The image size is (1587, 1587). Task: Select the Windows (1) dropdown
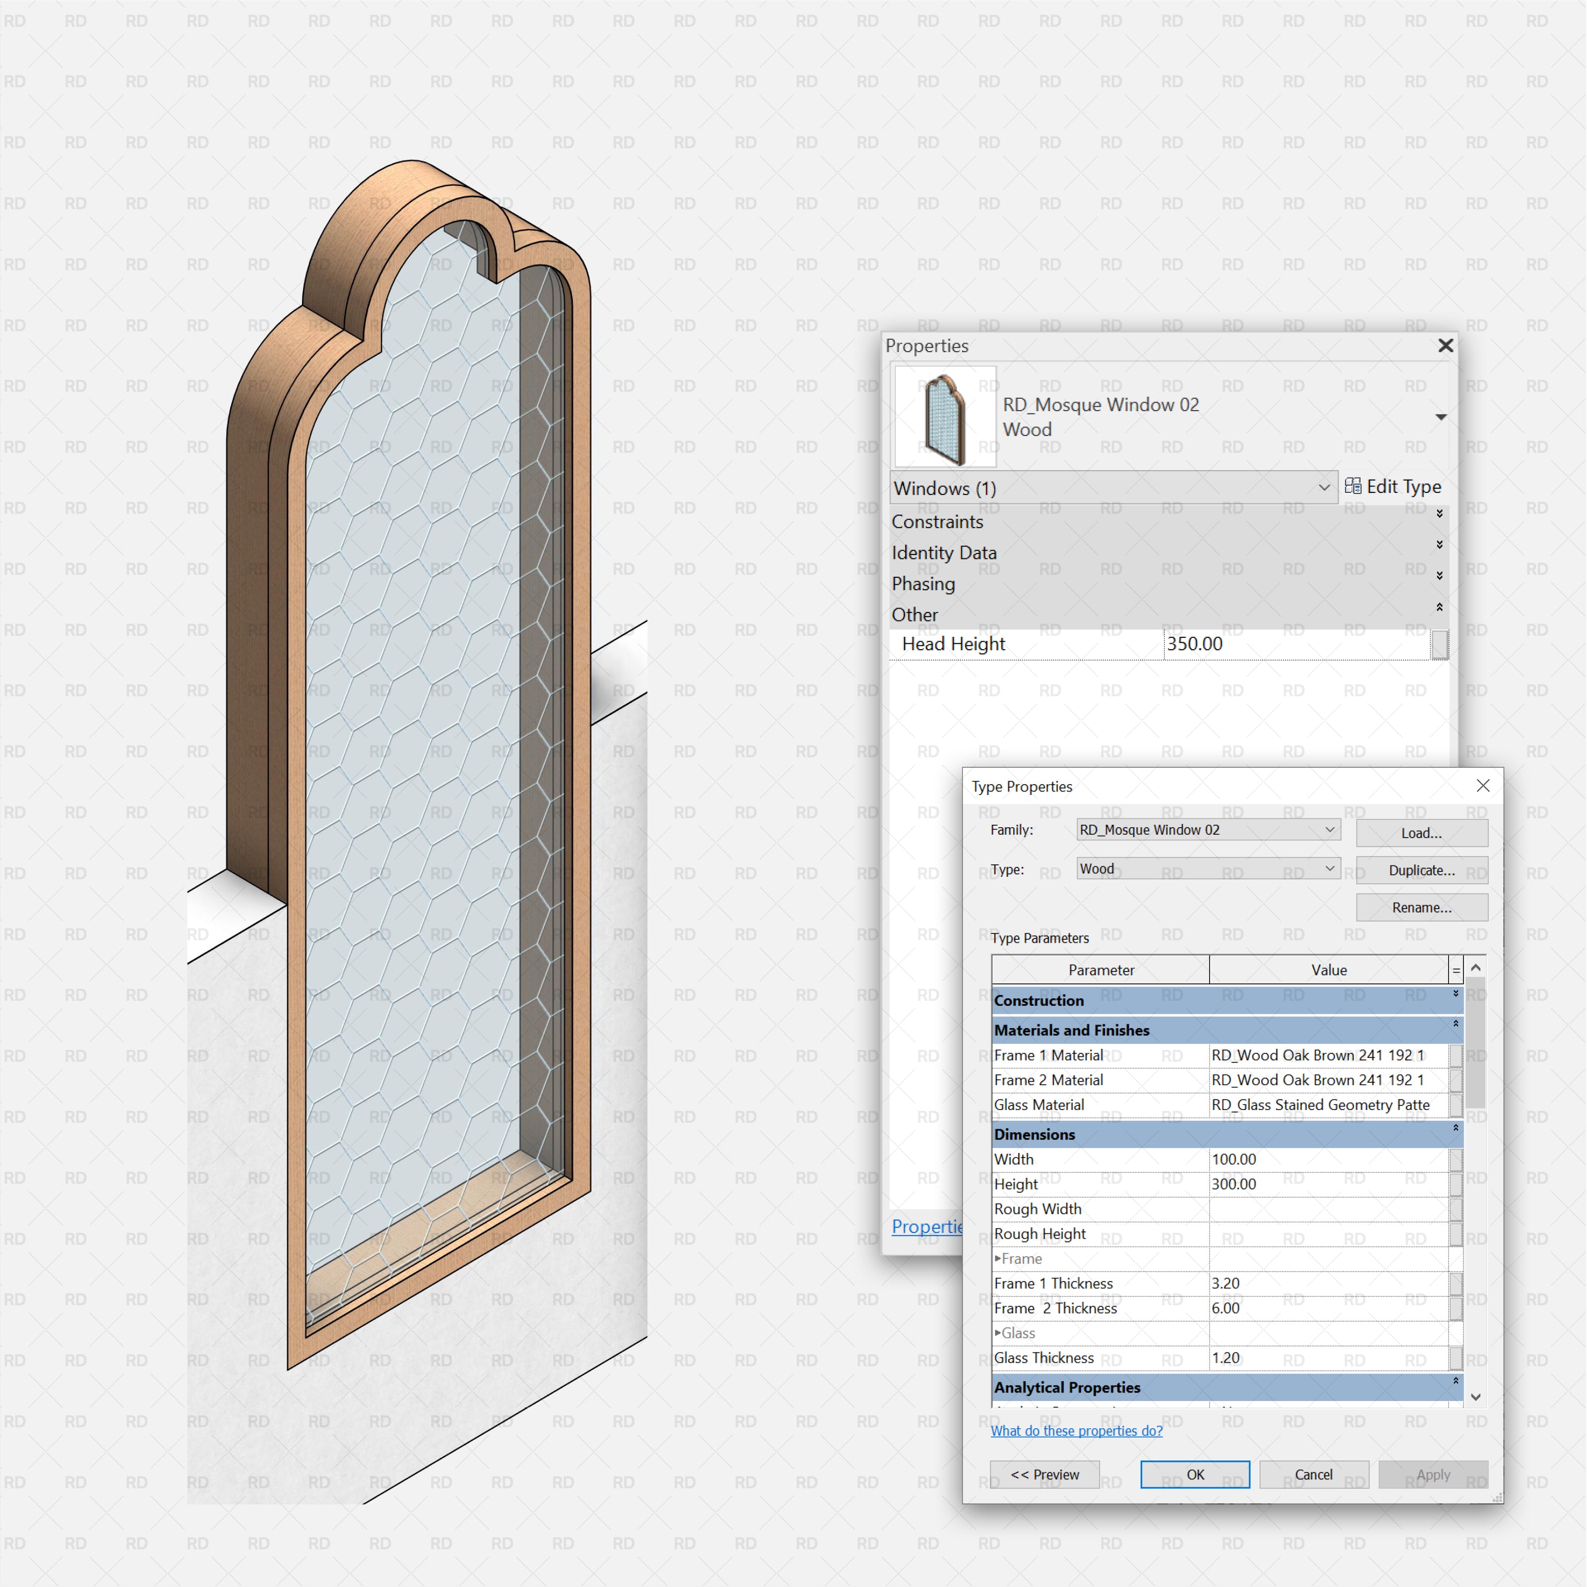1112,488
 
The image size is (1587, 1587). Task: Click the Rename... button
1421,907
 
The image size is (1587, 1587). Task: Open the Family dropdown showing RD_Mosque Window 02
1208,830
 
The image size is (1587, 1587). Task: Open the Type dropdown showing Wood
1208,868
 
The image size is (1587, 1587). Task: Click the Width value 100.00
1327,1159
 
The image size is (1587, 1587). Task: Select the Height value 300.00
1327,1184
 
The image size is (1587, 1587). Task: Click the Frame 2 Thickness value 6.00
1327,1308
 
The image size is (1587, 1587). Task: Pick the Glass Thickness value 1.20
1327,1358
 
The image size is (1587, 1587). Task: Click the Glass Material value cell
1327,1105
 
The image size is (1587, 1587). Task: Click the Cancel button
1313,1474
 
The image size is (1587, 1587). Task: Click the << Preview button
1044,1474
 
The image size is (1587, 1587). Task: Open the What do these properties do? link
1076,1430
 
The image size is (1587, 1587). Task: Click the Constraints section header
937,522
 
